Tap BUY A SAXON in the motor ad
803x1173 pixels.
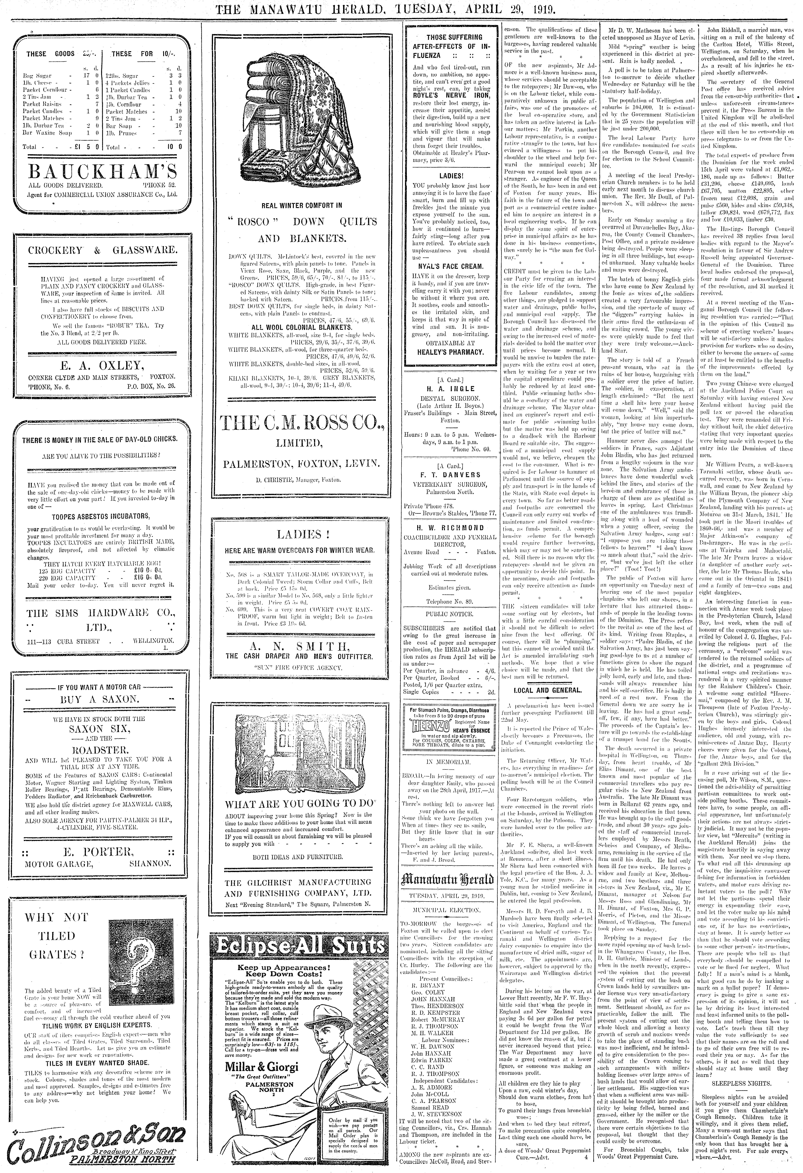pyautogui.click(x=98, y=700)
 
